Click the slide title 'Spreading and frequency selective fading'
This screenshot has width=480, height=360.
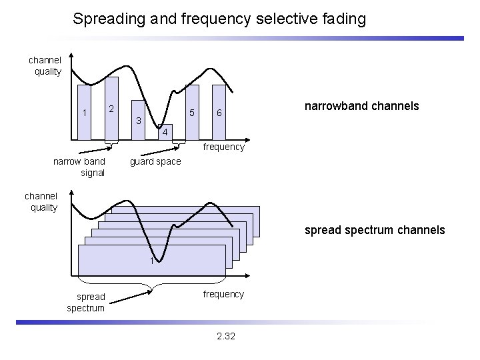[x=219, y=19]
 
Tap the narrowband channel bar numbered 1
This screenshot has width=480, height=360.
[x=85, y=113]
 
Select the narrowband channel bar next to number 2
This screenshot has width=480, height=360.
[x=112, y=110]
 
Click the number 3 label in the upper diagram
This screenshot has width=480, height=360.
[x=138, y=121]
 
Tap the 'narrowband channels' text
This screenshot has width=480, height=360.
[x=361, y=106]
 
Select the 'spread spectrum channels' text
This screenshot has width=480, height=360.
[x=375, y=230]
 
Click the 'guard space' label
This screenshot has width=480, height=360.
[x=155, y=162]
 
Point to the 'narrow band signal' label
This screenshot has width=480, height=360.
[x=79, y=167]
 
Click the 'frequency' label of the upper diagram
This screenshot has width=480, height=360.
[x=223, y=147]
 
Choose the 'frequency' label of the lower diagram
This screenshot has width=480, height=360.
[x=223, y=294]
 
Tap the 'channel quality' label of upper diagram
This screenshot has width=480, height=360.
[x=45, y=66]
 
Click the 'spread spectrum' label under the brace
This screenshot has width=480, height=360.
[x=85, y=302]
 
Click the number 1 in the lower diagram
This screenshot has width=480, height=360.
[x=151, y=261]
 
